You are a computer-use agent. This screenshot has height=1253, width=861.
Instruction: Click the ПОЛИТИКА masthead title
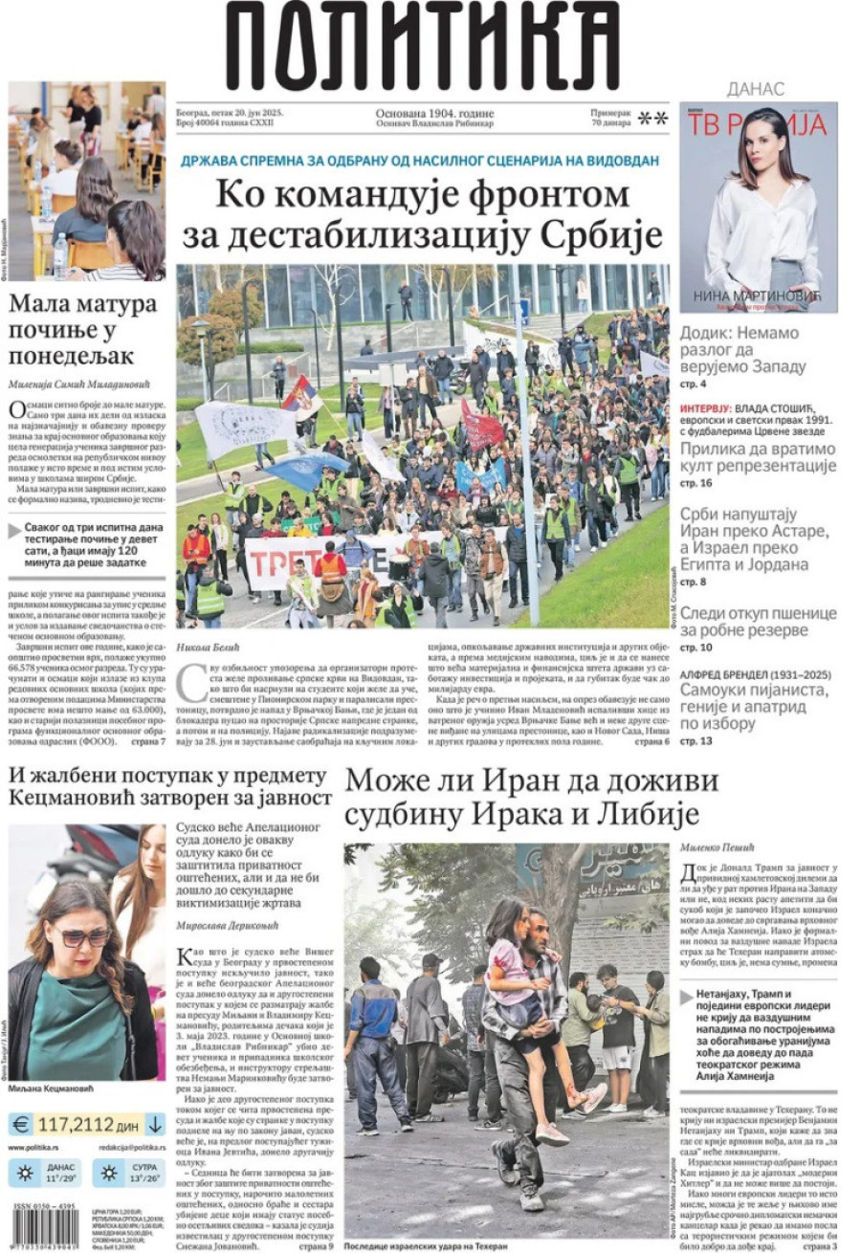tap(422, 46)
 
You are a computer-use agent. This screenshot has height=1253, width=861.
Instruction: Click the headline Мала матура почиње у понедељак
tap(83, 330)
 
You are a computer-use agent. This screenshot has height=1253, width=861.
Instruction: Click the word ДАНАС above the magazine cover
tap(756, 89)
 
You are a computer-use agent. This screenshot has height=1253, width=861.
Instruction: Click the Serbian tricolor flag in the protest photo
tap(301, 397)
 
